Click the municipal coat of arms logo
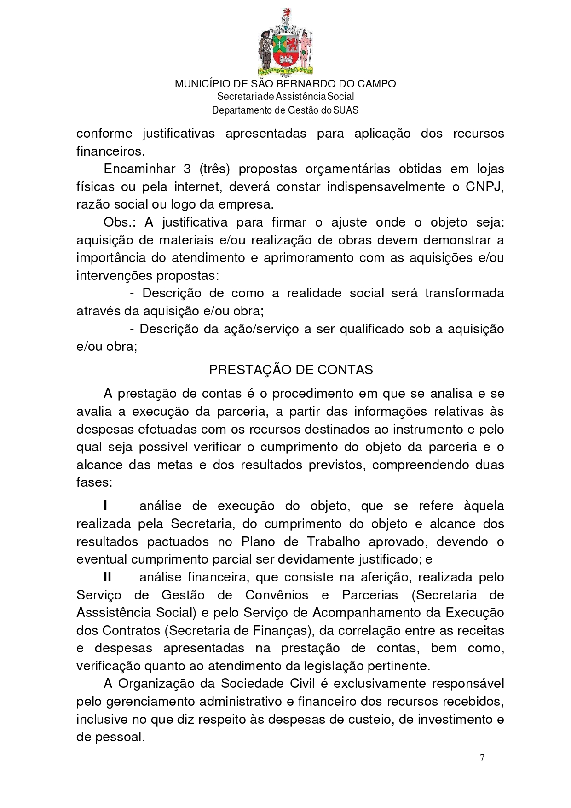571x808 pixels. coord(285,42)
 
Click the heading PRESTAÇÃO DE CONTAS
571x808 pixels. coord(291,370)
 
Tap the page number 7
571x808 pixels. coord(482,757)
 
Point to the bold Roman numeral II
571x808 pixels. coord(107,577)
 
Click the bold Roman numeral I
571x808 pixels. coord(106,506)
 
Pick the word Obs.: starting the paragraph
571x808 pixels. coord(120,222)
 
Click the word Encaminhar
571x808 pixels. coord(139,169)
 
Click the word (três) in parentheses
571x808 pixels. coord(214,169)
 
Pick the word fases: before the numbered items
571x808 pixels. coord(94,482)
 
